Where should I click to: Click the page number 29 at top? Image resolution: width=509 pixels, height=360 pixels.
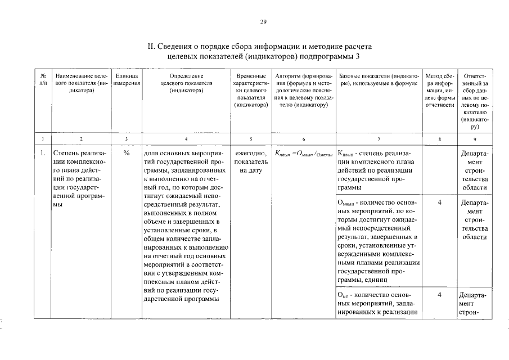pos(263,22)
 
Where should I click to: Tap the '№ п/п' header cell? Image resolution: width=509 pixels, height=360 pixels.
pos(43,79)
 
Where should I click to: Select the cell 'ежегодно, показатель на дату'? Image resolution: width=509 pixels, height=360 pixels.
pos(251,161)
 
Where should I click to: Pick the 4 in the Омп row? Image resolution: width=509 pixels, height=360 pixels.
pos(440,294)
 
